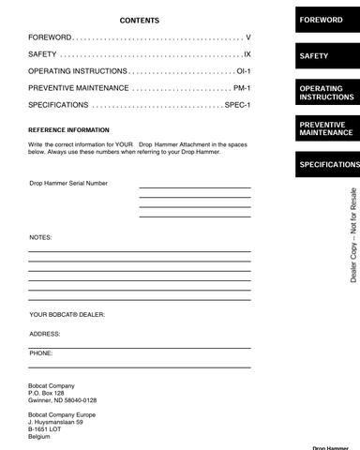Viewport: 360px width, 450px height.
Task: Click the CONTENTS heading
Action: click(x=140, y=20)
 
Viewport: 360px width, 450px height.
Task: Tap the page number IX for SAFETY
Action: click(x=247, y=54)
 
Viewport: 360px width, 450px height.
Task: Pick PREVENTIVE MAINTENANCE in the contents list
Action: click(x=79, y=88)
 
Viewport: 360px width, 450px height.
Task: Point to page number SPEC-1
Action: click(x=237, y=105)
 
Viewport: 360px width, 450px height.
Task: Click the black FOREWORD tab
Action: click(x=327, y=20)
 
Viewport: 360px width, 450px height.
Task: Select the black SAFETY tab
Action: click(x=327, y=56)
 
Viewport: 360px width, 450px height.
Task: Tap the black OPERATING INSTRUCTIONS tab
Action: click(x=327, y=93)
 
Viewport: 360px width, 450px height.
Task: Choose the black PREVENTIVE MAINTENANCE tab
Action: click(x=327, y=128)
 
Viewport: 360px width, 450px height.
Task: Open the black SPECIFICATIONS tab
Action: click(x=327, y=164)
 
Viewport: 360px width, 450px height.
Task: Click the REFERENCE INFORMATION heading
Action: click(x=68, y=130)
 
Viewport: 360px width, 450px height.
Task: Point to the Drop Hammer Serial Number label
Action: click(x=68, y=183)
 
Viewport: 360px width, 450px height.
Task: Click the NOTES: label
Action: click(x=40, y=237)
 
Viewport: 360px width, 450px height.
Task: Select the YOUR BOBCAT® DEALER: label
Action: click(x=67, y=315)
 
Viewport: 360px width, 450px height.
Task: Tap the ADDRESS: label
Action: click(x=45, y=334)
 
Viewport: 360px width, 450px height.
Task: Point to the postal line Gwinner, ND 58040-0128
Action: click(x=62, y=399)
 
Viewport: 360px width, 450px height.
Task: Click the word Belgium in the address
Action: click(x=39, y=437)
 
